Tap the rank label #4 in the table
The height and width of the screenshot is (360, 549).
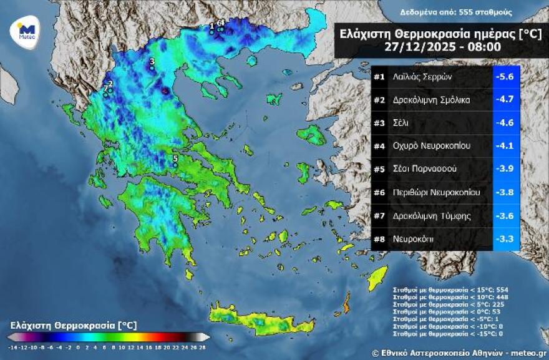click(x=379, y=146)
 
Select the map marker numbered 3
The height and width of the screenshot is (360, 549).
click(x=152, y=62)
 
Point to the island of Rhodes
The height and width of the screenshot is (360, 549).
click(x=377, y=278)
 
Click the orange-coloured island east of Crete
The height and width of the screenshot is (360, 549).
click(x=345, y=307)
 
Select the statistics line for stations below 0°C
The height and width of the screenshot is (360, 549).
click(x=440, y=310)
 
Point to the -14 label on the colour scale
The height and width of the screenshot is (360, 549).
click(x=12, y=346)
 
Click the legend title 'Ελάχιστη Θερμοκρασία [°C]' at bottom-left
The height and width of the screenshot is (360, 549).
click(x=74, y=325)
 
